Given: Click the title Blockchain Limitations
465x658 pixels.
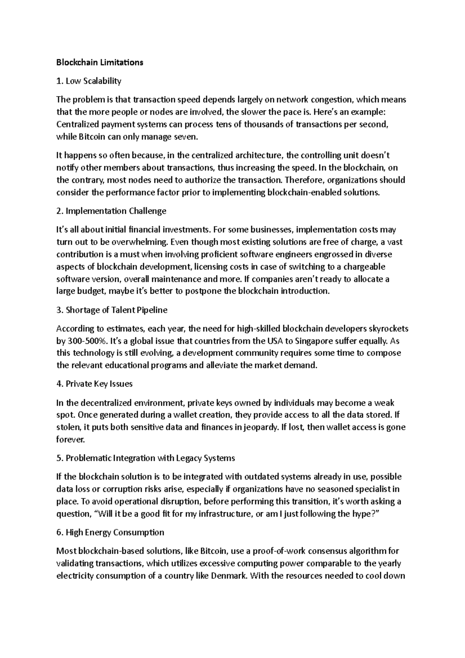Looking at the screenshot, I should click(100, 62).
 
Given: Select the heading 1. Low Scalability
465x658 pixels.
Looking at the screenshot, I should click(89, 81).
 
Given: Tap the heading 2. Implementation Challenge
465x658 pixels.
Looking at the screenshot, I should click(111, 211).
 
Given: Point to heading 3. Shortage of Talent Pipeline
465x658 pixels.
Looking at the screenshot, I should click(112, 310).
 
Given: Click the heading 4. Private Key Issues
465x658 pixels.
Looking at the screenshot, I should click(95, 384).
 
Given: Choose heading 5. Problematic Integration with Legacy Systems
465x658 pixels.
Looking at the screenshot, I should click(146, 458).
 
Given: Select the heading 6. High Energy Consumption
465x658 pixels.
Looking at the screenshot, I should click(110, 532).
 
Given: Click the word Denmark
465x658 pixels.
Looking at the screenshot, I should click(228, 576).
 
